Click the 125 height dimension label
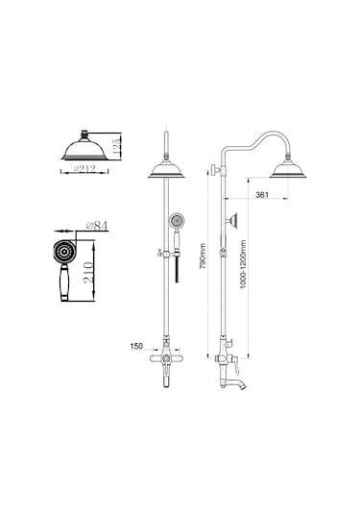point(116,147)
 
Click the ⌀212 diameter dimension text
point(84,169)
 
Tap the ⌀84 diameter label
point(97,226)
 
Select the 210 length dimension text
point(89,273)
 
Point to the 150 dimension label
point(136,346)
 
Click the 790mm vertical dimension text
point(204,256)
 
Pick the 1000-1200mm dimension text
point(243,264)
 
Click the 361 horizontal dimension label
point(262,195)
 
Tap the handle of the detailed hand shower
point(64,281)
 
